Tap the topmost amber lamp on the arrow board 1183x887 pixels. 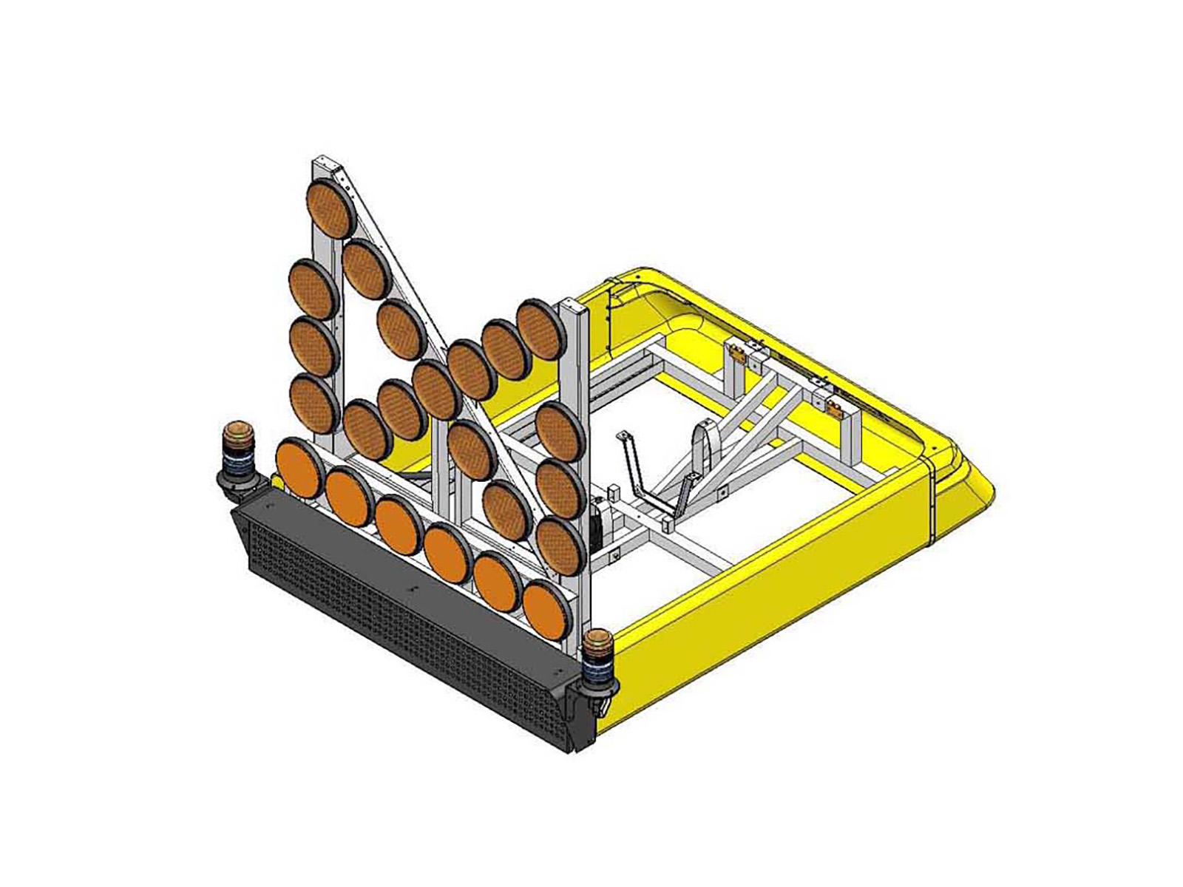point(332,207)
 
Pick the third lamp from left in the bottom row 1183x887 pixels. point(399,526)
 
